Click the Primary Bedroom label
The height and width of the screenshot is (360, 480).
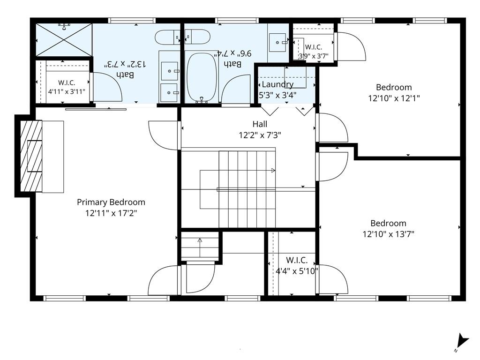(x=111, y=202)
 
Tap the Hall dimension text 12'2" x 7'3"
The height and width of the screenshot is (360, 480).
(x=260, y=135)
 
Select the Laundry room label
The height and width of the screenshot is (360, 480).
(x=277, y=84)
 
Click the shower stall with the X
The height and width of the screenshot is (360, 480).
(x=64, y=40)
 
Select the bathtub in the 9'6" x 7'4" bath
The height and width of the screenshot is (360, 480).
(x=202, y=77)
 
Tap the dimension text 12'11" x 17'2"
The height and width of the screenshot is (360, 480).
(x=111, y=213)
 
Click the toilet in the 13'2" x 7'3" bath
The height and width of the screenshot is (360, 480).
(x=167, y=37)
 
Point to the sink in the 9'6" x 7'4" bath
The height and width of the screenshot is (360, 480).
(x=278, y=42)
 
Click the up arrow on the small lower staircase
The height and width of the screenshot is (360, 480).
(x=200, y=247)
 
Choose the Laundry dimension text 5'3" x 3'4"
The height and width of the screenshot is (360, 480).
(x=277, y=95)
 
